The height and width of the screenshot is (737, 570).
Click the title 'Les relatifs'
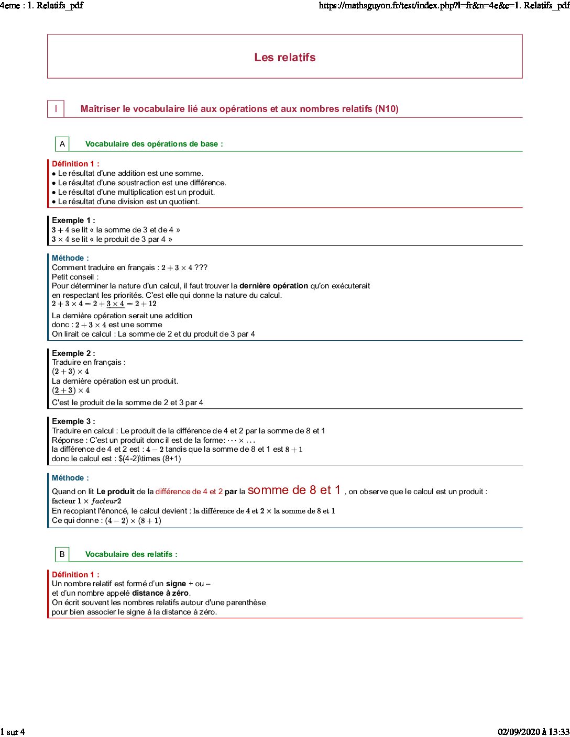(x=284, y=58)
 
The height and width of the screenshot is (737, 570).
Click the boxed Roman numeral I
(x=56, y=109)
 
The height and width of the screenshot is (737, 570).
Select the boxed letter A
(x=62, y=144)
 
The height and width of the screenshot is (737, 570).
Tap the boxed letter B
(x=62, y=554)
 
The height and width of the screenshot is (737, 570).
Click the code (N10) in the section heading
(x=387, y=109)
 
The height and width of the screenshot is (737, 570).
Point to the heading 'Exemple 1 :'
(x=73, y=220)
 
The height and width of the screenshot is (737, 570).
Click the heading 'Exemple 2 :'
(x=73, y=353)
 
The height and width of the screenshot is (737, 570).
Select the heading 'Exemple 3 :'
(x=73, y=421)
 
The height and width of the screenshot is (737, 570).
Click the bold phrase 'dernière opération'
(x=273, y=286)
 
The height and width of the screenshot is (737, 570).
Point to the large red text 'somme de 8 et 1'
(x=294, y=490)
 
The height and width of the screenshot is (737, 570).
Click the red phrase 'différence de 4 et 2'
(x=189, y=492)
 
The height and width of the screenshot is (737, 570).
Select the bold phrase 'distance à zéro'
(x=160, y=593)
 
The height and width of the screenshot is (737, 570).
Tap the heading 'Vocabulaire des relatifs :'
(x=131, y=554)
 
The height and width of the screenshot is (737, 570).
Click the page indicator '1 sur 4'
(x=13, y=732)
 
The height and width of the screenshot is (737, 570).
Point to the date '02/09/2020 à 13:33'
(x=533, y=732)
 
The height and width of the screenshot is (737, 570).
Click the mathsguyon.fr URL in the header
(x=444, y=6)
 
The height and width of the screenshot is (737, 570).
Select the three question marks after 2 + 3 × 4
(x=201, y=267)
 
